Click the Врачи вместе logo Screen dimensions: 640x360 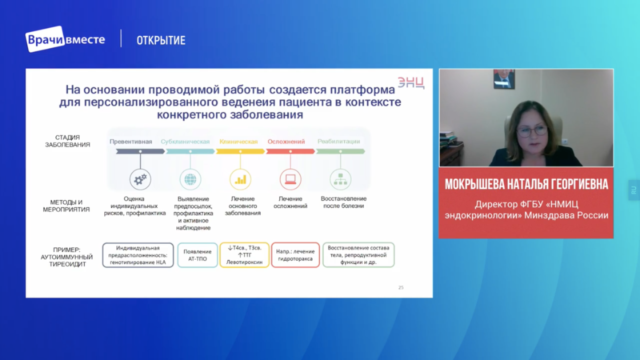(x=65, y=39)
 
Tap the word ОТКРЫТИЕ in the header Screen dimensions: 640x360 (x=161, y=40)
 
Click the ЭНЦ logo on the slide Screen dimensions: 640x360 (x=411, y=82)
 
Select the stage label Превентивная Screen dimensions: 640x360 (x=131, y=141)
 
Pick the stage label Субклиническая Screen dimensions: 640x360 (x=185, y=141)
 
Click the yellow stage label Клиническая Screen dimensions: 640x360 (x=238, y=141)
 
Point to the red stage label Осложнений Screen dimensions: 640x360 (x=286, y=141)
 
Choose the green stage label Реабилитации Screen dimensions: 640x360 (x=339, y=141)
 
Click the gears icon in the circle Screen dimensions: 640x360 (x=140, y=179)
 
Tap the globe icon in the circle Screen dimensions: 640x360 (x=190, y=179)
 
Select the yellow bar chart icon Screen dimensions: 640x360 (x=240, y=179)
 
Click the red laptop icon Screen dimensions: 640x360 (x=290, y=179)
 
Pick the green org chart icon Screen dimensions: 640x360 (x=340, y=179)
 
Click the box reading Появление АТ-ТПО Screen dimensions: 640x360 (x=197, y=255)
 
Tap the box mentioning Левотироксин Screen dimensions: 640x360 (x=244, y=255)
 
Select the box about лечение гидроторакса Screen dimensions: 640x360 (x=295, y=255)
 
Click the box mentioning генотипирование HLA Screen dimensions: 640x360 (x=138, y=255)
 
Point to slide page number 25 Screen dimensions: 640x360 (x=401, y=287)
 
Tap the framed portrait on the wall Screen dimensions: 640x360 (x=504, y=79)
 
